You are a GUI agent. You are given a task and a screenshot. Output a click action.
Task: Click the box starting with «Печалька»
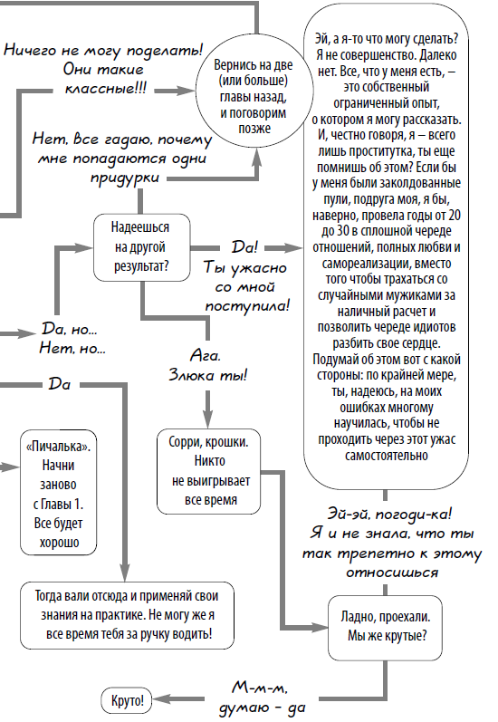pyautogui.click(x=60, y=491)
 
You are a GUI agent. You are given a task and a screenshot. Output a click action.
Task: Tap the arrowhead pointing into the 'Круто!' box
pyautogui.click(x=155, y=700)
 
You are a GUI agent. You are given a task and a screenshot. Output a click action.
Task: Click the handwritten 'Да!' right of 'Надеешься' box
pyautogui.click(x=245, y=246)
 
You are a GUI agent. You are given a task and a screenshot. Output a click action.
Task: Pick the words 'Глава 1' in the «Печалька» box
pyautogui.click(x=68, y=505)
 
